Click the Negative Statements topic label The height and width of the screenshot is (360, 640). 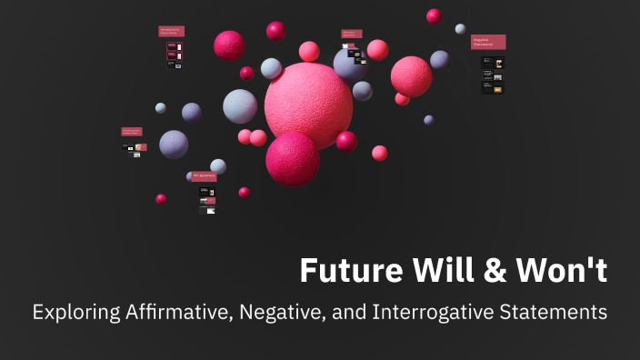(488, 42)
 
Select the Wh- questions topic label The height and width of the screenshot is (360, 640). (204, 176)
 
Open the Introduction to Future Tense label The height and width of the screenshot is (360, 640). (171, 31)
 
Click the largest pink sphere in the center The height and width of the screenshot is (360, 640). (308, 105)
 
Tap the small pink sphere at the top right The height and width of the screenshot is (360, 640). (434, 15)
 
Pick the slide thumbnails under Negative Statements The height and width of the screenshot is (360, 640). (492, 75)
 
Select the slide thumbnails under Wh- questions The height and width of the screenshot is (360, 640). (207, 200)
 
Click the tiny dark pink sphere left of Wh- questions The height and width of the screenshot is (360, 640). (161, 198)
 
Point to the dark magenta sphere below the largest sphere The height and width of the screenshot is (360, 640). (292, 159)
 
